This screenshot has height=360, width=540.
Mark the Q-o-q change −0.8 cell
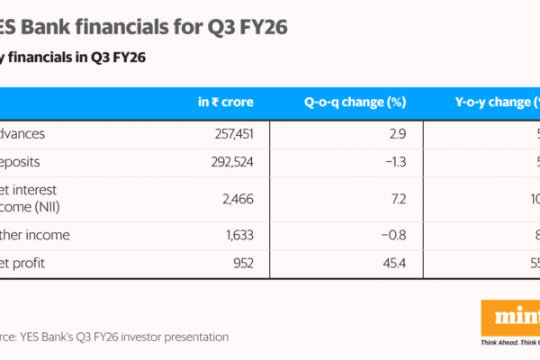[x=395, y=236]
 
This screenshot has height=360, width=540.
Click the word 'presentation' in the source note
[x=193, y=337]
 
